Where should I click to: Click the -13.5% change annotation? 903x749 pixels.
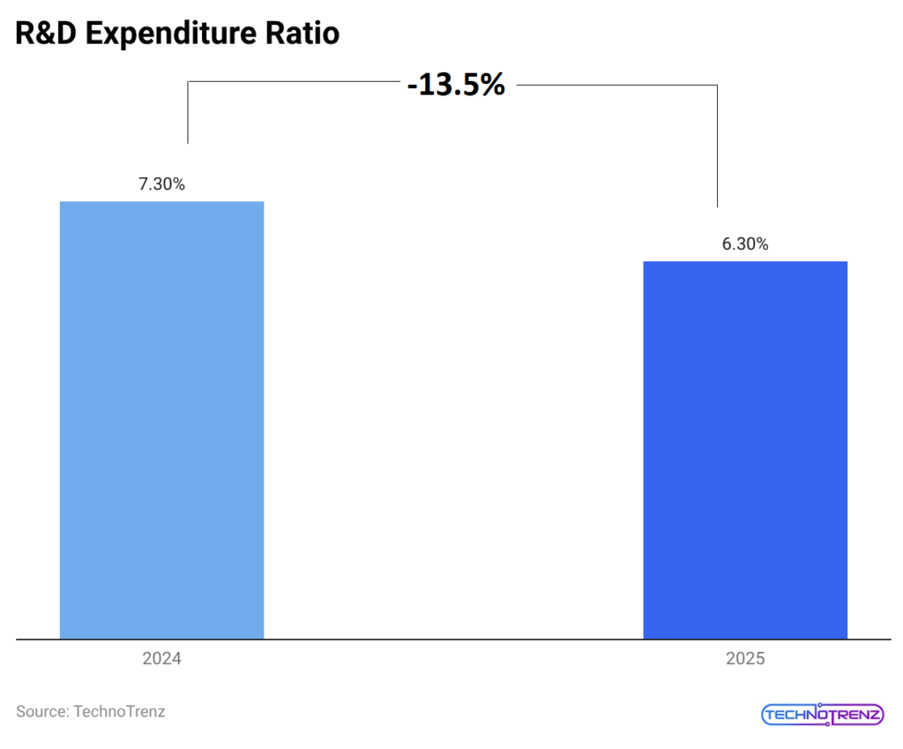(456, 85)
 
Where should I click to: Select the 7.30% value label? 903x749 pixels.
(161, 184)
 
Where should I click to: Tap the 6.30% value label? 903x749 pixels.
(745, 244)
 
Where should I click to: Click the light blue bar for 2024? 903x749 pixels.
(161, 419)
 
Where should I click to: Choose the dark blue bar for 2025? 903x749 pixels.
(745, 450)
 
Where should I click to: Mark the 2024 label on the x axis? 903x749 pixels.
(161, 659)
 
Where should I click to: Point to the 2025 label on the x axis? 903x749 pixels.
(745, 659)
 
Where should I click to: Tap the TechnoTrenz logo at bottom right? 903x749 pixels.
(821, 714)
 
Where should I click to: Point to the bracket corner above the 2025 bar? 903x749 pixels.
(717, 86)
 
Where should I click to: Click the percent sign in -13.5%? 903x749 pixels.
(492, 85)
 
